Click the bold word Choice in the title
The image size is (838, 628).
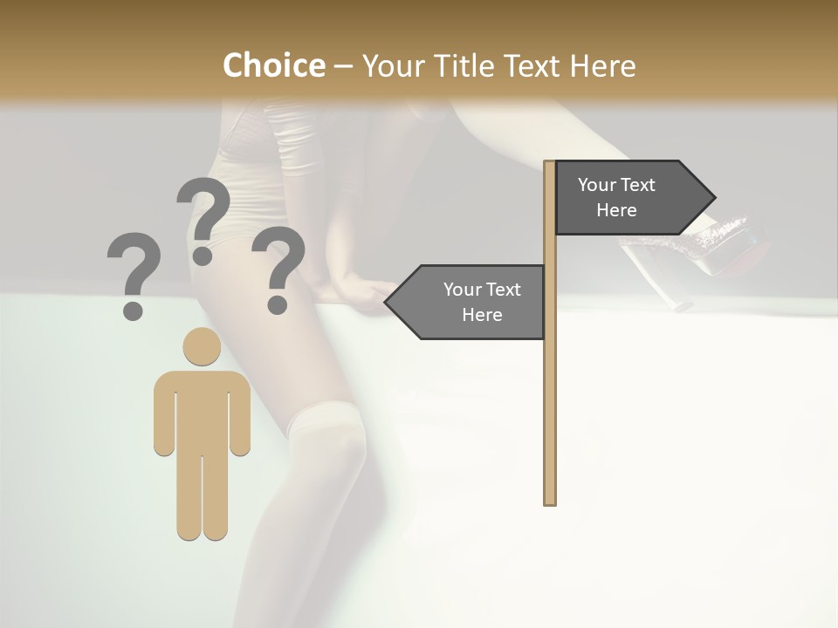[x=273, y=65]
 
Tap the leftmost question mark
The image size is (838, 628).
[x=134, y=275]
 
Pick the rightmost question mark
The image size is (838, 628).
[x=278, y=269]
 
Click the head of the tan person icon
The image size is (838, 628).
[x=202, y=346]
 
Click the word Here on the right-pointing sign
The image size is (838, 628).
[x=616, y=210]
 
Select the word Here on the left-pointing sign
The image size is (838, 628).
[x=482, y=315]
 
